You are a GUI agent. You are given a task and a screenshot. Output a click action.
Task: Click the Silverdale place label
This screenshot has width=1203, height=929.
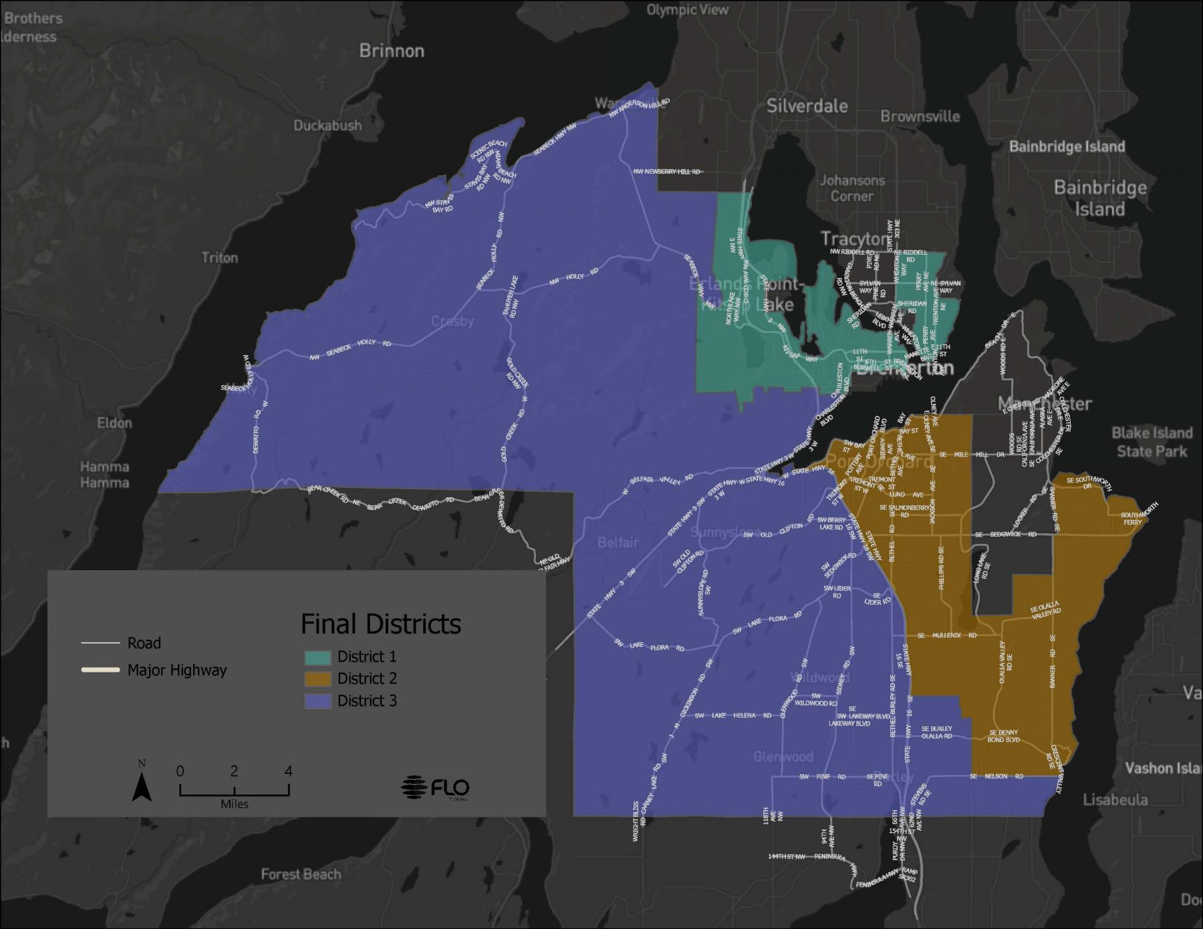click(x=807, y=106)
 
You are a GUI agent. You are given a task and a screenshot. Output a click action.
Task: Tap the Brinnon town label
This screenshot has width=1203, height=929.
click(x=392, y=51)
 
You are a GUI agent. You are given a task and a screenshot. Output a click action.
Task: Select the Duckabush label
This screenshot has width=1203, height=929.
click(x=327, y=126)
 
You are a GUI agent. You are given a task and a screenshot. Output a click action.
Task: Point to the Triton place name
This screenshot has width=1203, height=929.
click(x=220, y=257)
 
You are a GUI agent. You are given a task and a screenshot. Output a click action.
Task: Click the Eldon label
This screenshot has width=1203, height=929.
click(x=114, y=422)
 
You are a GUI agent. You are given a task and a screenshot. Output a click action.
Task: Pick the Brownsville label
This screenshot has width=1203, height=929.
click(x=920, y=116)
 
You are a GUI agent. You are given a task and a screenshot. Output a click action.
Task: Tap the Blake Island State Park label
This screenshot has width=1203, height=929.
click(x=1152, y=442)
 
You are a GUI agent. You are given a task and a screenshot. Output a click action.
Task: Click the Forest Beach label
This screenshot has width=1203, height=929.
click(x=301, y=874)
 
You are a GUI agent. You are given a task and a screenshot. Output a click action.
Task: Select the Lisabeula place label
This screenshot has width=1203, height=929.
click(x=1115, y=799)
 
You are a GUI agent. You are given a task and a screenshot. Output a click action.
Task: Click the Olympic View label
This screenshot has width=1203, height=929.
click(x=688, y=10)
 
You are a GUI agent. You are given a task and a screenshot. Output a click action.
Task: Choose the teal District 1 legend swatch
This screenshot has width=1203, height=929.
click(x=317, y=657)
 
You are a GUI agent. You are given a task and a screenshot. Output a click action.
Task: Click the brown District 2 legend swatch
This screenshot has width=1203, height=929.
click(x=317, y=679)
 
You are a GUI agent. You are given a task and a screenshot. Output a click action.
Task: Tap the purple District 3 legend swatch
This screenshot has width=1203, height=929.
click(x=317, y=701)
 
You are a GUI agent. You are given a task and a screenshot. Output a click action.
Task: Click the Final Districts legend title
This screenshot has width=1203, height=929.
click(x=381, y=624)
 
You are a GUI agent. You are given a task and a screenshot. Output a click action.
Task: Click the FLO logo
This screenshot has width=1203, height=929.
click(x=436, y=787)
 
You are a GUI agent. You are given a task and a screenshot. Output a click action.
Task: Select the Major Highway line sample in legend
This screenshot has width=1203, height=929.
click(x=100, y=670)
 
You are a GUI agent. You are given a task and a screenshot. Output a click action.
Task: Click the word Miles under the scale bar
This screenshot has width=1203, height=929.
click(x=235, y=804)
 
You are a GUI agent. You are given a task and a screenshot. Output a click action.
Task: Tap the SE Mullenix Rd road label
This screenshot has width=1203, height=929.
click(x=947, y=635)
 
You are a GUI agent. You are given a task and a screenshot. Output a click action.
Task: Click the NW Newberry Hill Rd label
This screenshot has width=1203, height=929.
click(x=667, y=172)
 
